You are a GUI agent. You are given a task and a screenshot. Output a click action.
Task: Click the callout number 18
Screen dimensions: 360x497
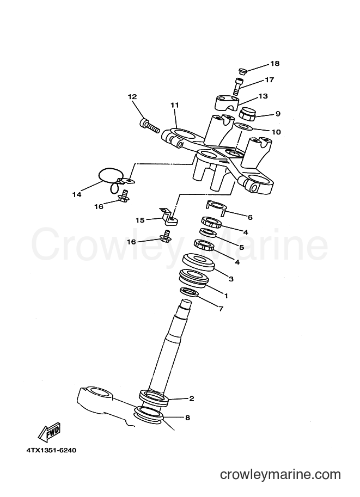[274, 63]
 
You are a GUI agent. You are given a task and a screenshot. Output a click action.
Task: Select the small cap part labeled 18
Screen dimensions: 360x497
[242, 72]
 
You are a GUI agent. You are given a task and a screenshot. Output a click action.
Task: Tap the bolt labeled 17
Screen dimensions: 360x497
[236, 86]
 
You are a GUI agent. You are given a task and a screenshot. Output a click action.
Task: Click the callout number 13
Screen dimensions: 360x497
[263, 96]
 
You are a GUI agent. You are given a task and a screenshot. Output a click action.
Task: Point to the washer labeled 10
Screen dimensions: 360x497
[243, 127]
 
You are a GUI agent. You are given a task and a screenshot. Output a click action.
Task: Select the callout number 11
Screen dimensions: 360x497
[175, 105]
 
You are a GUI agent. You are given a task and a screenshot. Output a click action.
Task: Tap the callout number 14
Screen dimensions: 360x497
[77, 195]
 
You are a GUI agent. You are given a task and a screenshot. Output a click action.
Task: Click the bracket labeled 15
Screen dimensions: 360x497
[168, 217]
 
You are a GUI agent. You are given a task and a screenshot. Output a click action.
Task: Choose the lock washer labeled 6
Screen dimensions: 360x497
[217, 207]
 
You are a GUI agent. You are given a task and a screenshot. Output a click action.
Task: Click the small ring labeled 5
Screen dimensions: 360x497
[208, 234]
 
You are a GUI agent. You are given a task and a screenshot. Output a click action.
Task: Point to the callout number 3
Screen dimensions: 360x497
[231, 279]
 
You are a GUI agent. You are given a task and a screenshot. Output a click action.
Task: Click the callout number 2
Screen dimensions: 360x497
[191, 398]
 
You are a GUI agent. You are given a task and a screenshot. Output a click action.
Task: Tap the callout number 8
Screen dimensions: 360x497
[187, 418]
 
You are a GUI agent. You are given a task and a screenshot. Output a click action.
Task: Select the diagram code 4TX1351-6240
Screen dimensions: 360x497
[51, 450]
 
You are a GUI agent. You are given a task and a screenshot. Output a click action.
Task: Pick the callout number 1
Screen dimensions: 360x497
[226, 296]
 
